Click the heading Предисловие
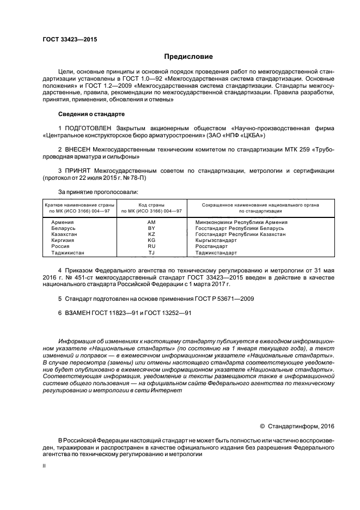[188, 57]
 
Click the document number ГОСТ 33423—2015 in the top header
[66, 40]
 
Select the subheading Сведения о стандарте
[91, 114]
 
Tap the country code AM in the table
[151, 222]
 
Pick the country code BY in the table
[151, 228]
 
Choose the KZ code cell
[151, 234]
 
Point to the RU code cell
[151, 246]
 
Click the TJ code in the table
[151, 253]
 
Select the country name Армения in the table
[63, 222]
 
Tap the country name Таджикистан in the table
[68, 253]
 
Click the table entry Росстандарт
[212, 246]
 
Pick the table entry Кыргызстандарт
[216, 240]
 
